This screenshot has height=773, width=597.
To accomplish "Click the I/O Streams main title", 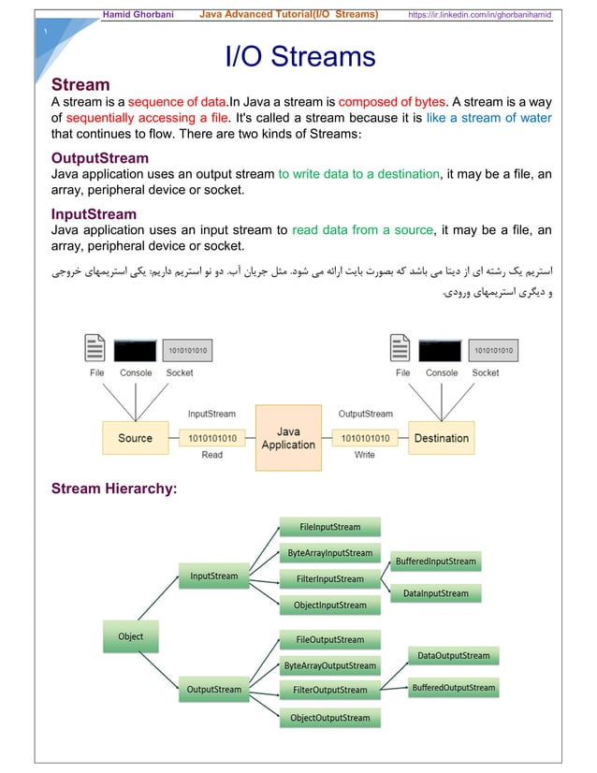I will tap(300, 58).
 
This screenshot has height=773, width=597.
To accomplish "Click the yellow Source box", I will tap(135, 438).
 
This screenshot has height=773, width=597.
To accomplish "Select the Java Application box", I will tap(288, 438).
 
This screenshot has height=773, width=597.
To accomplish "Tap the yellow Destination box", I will tap(441, 438).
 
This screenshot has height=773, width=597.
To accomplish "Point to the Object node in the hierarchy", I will tap(130, 637).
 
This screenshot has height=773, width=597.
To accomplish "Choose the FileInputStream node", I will tap(331, 527).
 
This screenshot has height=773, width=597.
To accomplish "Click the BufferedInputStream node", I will tap(435, 562).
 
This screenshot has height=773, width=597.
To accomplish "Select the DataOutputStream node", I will tap(453, 655).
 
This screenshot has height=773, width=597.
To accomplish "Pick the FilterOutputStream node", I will tap(329, 691).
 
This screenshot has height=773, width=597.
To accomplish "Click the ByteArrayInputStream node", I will tap(329, 553).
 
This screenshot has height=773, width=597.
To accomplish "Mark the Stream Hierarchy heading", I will tap(114, 489).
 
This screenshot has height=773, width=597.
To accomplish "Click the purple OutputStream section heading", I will tap(99, 157).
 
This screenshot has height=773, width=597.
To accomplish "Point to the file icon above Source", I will tap(95, 349).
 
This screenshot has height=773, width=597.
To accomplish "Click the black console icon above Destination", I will tap(442, 349).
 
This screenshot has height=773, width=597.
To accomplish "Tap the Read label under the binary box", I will tap(212, 455).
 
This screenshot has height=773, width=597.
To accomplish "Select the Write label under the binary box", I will tap(365, 455).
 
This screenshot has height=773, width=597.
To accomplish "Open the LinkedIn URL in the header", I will tap(479, 15).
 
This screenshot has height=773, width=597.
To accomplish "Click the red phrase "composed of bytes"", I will tap(391, 102).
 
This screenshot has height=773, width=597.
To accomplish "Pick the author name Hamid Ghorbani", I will tap(143, 15).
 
